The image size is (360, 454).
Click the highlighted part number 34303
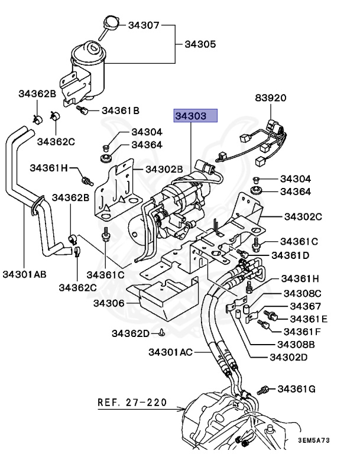191,116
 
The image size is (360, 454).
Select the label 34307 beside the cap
144,25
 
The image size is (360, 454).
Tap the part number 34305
200,44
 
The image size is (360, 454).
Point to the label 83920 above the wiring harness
271,98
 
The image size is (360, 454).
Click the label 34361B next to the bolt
121,111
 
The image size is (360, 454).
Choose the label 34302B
164,169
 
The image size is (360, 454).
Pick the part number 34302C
303,216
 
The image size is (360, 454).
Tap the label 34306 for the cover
109,303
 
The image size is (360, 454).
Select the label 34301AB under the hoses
24,274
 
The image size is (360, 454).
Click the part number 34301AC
171,352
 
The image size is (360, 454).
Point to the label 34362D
131,333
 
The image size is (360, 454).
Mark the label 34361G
297,389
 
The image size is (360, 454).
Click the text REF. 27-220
132,403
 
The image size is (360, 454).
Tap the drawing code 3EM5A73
314,440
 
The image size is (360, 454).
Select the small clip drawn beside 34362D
162,333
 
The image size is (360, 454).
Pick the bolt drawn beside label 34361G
263,390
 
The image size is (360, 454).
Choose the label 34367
306,306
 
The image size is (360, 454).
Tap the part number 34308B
296,345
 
